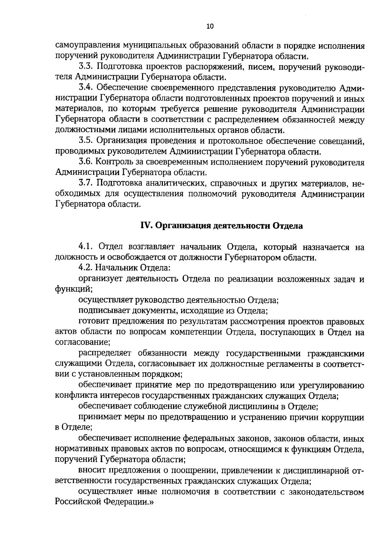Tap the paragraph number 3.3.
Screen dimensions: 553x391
(x=86, y=67)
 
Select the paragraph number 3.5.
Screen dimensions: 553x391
(x=86, y=141)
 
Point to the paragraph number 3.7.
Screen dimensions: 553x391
(x=86, y=184)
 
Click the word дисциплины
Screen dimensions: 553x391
(x=261, y=407)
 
